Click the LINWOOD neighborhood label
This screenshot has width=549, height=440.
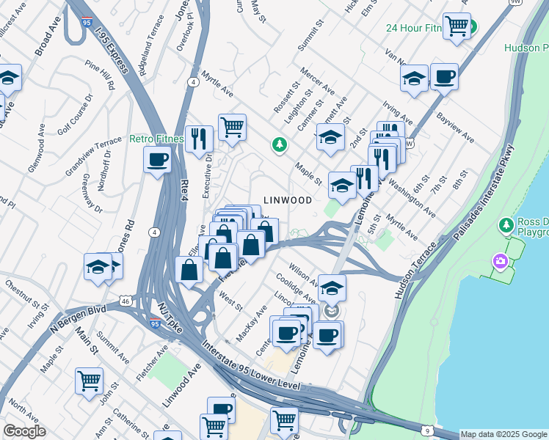click(288, 200)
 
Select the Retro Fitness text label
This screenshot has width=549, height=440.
click(156, 138)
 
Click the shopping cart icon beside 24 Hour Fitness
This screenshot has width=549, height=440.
click(457, 26)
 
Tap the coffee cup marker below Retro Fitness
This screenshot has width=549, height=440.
click(157, 159)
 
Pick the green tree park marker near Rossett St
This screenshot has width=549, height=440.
click(279, 145)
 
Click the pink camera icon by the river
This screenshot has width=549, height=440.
click(501, 260)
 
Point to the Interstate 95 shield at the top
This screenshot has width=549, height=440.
click(87, 25)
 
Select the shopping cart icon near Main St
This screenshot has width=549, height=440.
click(89, 381)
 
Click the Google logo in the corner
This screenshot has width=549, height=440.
click(24, 431)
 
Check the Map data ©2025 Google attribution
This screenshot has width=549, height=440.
click(503, 434)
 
